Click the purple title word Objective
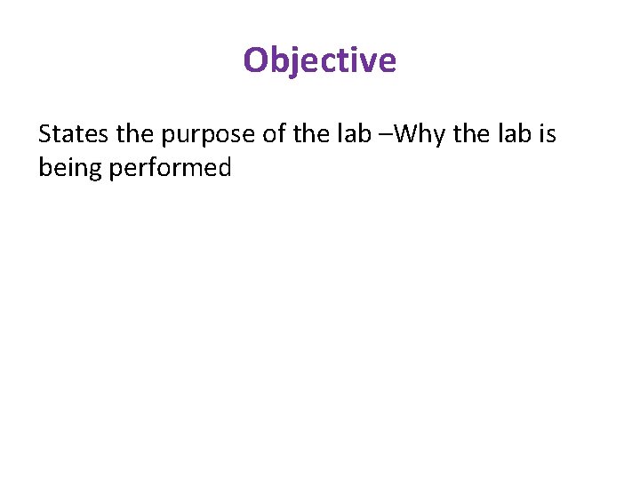click(x=319, y=60)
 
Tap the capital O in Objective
click(x=256, y=60)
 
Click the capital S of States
click(x=45, y=134)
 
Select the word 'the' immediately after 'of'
click(x=308, y=134)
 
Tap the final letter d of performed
click(x=224, y=166)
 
